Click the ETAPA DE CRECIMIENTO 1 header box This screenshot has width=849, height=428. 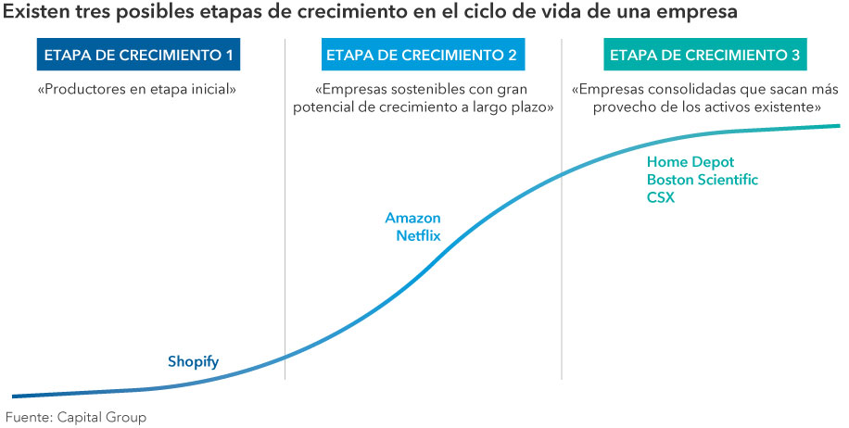(x=139, y=56)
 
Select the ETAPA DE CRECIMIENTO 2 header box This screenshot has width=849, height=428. (x=422, y=56)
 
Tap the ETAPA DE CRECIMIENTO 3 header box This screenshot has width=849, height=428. (x=704, y=56)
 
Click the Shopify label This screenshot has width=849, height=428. (x=193, y=361)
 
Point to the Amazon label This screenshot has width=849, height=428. (x=412, y=218)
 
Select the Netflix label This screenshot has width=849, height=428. (x=418, y=235)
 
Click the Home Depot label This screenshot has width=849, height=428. (x=690, y=162)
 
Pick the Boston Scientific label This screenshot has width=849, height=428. (x=702, y=180)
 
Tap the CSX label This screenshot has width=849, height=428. (x=661, y=197)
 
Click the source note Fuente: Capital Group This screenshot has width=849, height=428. (x=76, y=418)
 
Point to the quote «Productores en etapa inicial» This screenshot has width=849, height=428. (x=138, y=91)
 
